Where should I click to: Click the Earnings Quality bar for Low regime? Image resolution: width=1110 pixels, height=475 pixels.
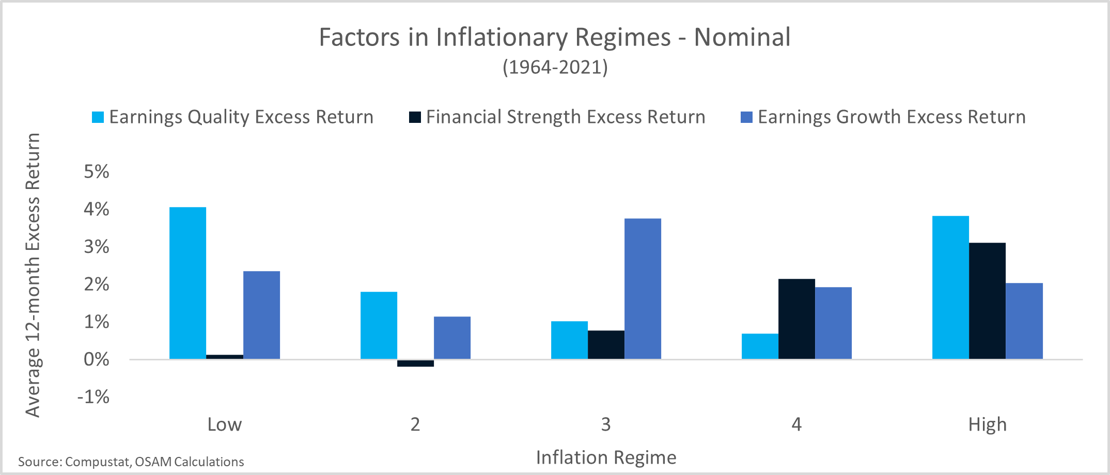click(187, 283)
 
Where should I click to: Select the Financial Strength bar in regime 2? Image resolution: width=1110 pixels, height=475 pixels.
click(415, 363)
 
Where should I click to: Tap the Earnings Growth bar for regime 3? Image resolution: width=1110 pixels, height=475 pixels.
click(643, 289)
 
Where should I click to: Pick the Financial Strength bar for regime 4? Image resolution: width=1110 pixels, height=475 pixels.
click(796, 319)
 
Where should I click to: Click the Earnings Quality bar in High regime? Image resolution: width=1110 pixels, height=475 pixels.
click(950, 287)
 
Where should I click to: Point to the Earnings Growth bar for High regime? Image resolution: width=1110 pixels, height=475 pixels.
click(1024, 321)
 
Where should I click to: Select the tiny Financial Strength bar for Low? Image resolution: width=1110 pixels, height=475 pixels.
click(225, 357)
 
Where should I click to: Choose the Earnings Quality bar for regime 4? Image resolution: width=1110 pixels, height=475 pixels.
click(760, 346)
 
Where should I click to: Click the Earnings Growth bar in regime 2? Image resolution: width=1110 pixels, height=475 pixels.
click(452, 338)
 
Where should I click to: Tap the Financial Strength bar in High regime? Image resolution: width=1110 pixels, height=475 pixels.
click(987, 300)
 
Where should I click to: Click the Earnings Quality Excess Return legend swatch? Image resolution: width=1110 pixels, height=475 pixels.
click(98, 117)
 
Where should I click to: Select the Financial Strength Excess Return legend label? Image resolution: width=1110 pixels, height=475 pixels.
click(566, 117)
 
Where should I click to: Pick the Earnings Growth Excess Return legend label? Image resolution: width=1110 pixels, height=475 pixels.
click(892, 117)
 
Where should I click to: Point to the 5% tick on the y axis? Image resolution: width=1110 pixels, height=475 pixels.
click(97, 171)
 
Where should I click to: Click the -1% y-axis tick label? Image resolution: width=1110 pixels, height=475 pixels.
click(93, 397)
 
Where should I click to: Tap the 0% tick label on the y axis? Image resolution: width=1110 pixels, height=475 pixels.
click(97, 359)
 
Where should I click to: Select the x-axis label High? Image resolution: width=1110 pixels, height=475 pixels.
click(988, 424)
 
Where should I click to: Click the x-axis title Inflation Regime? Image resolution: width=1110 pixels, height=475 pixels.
click(606, 457)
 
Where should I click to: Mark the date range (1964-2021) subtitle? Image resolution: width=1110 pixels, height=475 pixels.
click(555, 67)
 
